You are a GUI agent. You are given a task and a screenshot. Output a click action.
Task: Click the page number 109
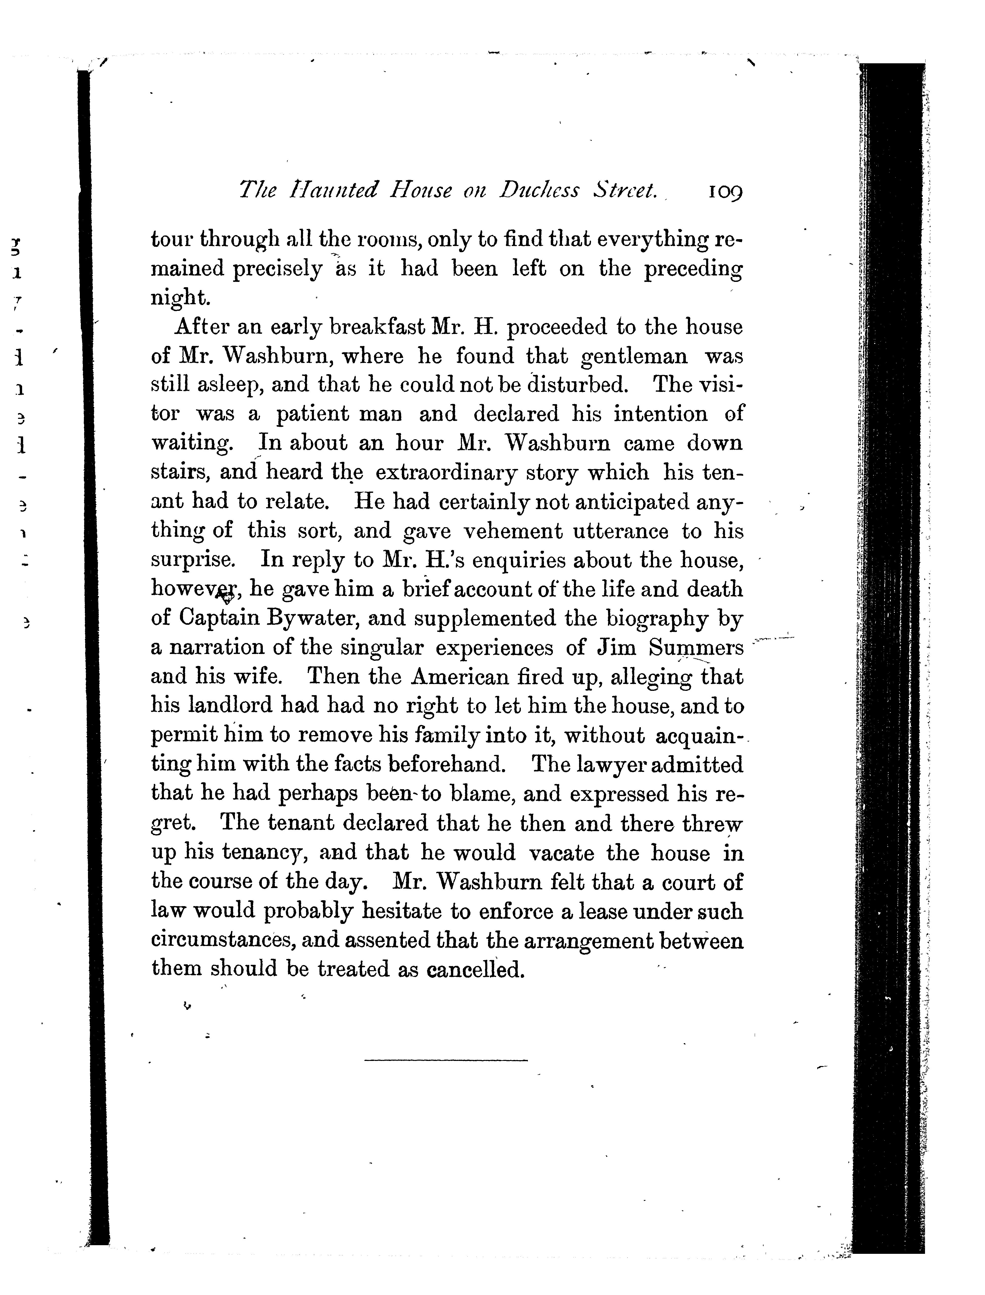(x=725, y=192)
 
